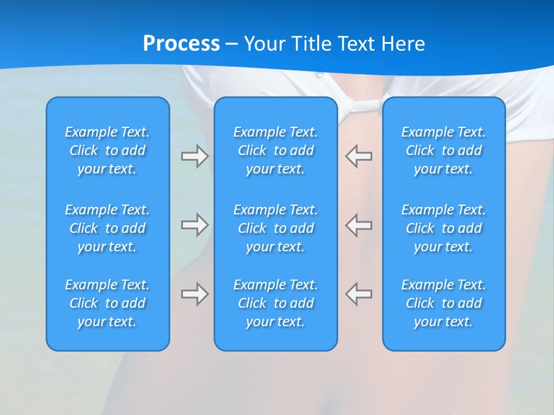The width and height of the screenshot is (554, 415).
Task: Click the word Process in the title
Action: click(x=181, y=44)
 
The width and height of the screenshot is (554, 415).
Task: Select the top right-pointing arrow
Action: click(x=195, y=156)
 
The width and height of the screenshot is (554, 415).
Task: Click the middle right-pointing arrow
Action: click(x=195, y=225)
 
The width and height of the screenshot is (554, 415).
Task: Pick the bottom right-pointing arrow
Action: click(x=195, y=294)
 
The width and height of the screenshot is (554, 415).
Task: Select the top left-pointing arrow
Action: click(x=358, y=156)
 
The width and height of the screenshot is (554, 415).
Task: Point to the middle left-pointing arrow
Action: click(x=358, y=225)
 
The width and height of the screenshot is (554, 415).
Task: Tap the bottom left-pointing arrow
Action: click(x=358, y=294)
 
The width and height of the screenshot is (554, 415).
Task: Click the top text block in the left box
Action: click(x=107, y=150)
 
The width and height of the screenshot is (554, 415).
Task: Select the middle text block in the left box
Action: click(x=107, y=228)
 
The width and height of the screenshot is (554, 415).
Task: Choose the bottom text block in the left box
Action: click(x=107, y=303)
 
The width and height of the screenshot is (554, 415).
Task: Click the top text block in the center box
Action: click(x=276, y=150)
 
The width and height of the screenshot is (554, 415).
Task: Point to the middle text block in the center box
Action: click(x=276, y=228)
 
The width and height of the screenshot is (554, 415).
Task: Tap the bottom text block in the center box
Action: click(x=276, y=303)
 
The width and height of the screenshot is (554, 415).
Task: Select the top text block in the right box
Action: click(x=444, y=150)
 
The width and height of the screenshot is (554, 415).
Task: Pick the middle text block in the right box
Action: click(x=444, y=228)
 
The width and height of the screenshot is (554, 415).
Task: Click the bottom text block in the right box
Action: click(x=444, y=303)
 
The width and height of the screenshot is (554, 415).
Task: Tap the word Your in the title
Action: click(x=263, y=44)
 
